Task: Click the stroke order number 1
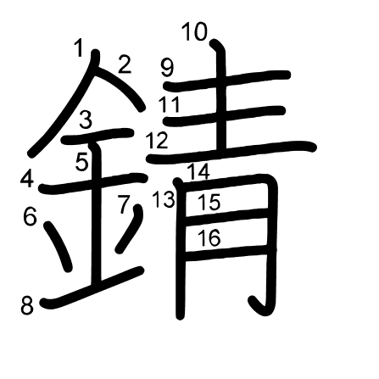[79, 48]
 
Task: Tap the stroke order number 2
[125, 64]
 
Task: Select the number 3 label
[86, 120]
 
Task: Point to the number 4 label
[27, 179]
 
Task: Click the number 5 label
[82, 162]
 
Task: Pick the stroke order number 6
[30, 216]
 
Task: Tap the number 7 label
[124, 204]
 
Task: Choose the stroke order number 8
[27, 306]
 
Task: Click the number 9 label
[167, 68]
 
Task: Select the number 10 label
[195, 31]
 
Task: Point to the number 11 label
[169, 104]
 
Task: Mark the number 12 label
[157, 140]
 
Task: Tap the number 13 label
[164, 199]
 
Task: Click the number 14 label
[198, 171]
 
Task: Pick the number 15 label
[209, 202]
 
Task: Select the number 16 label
[209, 237]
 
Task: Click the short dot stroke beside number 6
[58, 246]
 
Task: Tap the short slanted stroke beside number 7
[130, 228]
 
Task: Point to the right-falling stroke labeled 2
[120, 87]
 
